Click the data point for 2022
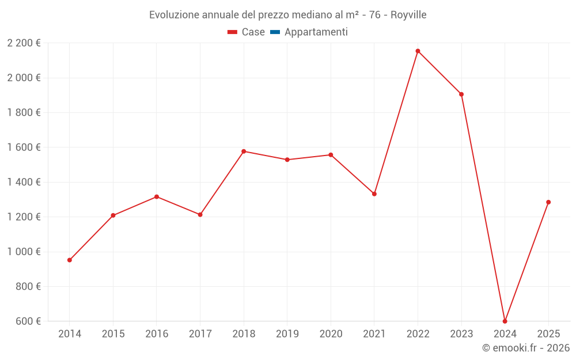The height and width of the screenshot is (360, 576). click(418, 51)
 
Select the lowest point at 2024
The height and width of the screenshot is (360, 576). click(505, 321)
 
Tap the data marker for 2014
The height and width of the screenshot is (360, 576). click(70, 260)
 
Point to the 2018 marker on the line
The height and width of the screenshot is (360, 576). click(244, 151)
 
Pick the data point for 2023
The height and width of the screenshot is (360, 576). click(461, 94)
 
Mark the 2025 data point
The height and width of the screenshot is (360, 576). click(548, 202)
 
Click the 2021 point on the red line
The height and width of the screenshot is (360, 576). click(374, 194)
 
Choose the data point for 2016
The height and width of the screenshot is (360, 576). click(157, 197)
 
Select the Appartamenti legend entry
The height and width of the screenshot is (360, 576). click(316, 32)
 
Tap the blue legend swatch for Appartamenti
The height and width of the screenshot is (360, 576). click(275, 32)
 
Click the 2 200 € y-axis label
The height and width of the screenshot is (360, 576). click(24, 43)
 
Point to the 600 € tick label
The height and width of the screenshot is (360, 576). click(27, 321)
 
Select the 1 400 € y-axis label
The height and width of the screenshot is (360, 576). click(24, 182)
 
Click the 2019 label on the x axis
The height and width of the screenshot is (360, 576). click(287, 334)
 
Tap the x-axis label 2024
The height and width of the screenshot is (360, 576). click(505, 334)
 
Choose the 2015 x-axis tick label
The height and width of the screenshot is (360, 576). click(113, 334)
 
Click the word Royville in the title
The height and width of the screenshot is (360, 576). click(408, 15)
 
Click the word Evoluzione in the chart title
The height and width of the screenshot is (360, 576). click(174, 15)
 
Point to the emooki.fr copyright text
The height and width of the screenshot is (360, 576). click(526, 348)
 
